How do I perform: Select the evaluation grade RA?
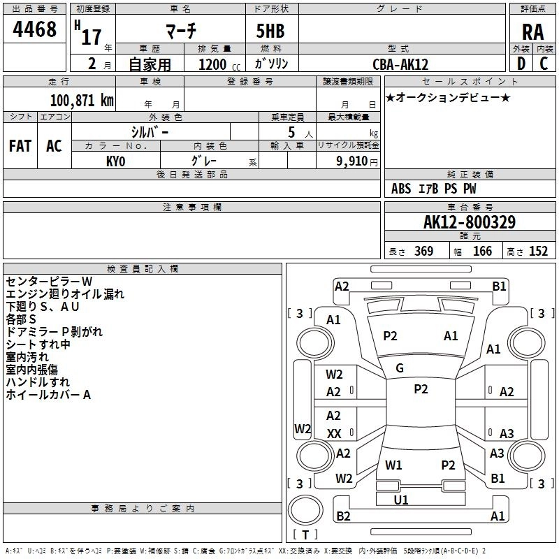[x=532, y=32]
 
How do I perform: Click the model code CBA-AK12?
[x=400, y=64]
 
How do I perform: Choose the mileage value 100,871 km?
[x=82, y=101]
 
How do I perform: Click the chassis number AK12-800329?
[x=470, y=223]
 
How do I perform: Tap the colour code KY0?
[x=116, y=161]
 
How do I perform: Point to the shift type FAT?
[x=20, y=146]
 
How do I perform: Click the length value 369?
[x=423, y=251]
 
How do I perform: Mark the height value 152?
[x=538, y=251]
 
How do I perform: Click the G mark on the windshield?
[x=400, y=368]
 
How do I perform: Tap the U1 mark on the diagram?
[x=401, y=500]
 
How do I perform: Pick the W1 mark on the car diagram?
[x=393, y=465]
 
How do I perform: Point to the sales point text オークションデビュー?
[x=447, y=97]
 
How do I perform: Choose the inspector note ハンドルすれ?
[x=38, y=382]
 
